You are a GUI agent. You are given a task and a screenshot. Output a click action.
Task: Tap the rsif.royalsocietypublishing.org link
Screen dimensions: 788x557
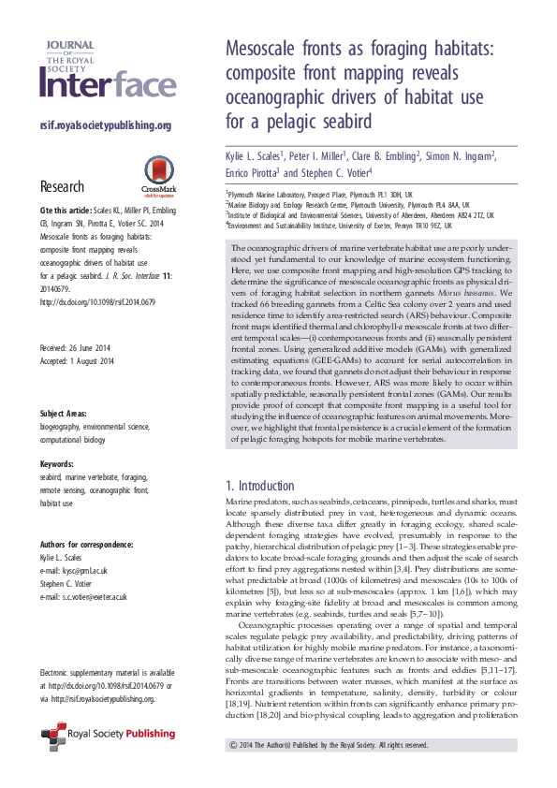click(106, 125)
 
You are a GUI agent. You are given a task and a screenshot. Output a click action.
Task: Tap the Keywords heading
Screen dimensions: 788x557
click(58, 464)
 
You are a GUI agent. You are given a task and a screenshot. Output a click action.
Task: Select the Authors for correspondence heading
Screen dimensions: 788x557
click(86, 545)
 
